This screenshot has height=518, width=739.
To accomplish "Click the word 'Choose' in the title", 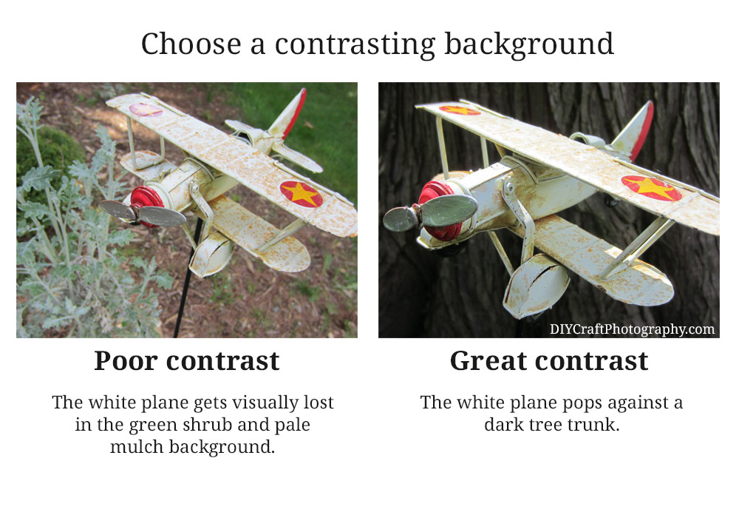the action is click(x=191, y=44).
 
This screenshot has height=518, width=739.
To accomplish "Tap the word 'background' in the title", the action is click(x=529, y=45).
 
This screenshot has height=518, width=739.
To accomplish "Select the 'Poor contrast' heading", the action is click(x=187, y=361).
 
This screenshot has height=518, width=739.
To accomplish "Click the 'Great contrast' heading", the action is click(x=549, y=361).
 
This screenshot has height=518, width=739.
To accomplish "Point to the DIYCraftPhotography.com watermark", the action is click(x=632, y=329).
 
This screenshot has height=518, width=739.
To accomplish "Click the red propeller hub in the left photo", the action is click(x=146, y=206).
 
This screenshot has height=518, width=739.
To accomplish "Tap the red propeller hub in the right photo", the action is click(x=438, y=210).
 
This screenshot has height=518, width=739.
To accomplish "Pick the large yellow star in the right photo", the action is click(x=653, y=187).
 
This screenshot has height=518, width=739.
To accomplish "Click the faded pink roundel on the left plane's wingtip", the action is click(x=146, y=110).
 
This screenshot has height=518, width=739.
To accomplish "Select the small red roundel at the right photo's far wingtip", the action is click(x=460, y=111).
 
